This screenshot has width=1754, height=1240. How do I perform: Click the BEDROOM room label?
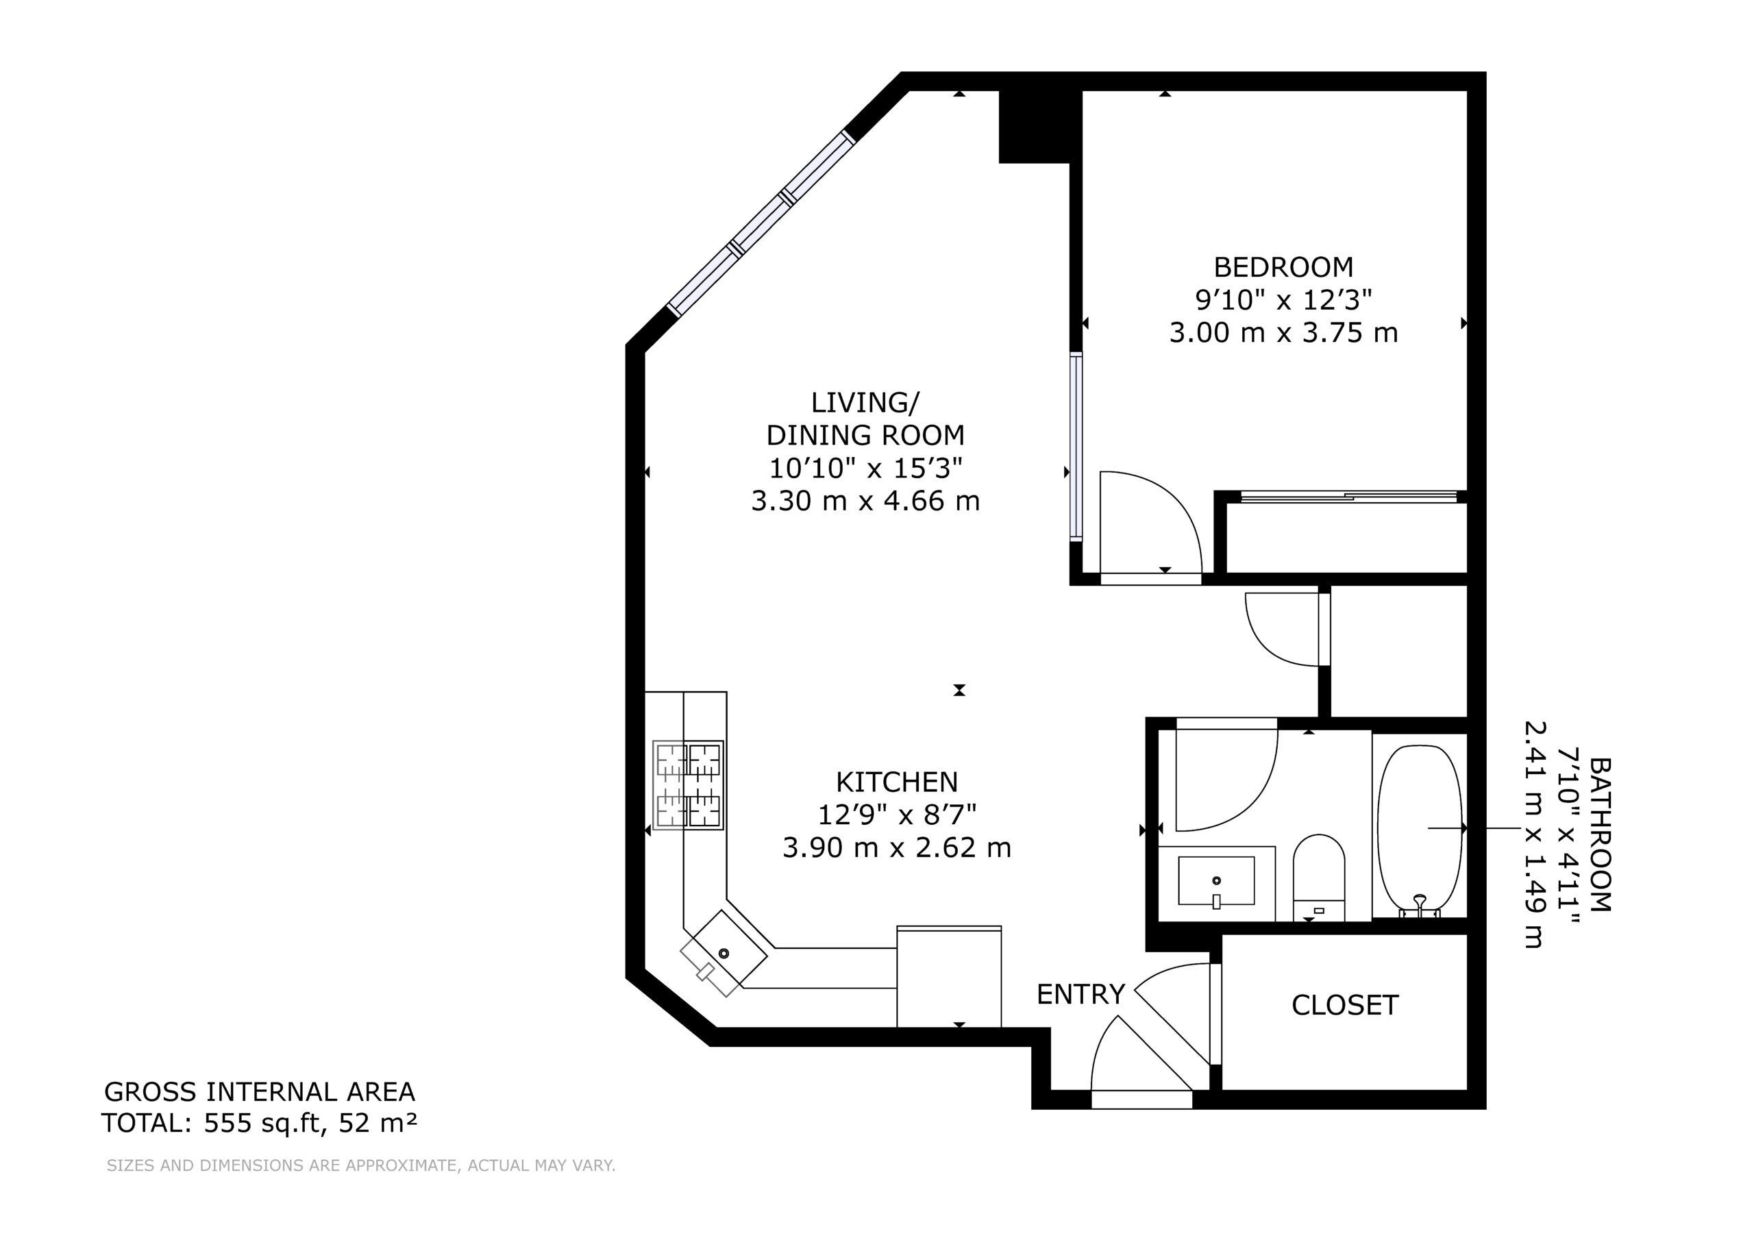tap(1283, 266)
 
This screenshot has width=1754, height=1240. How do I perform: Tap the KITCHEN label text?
tap(897, 782)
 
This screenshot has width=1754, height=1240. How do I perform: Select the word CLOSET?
tap(1344, 1005)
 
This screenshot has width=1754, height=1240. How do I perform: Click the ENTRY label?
tap(1080, 993)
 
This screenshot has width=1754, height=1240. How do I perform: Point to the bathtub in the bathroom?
tap(1420, 830)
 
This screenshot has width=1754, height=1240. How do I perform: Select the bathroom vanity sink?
tap(1216, 880)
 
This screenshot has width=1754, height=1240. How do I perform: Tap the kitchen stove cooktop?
tap(687, 784)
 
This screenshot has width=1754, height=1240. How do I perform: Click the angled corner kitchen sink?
tap(724, 953)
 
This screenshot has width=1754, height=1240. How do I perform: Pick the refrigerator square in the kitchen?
tap(949, 976)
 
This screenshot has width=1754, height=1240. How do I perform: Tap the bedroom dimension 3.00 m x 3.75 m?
tap(1283, 332)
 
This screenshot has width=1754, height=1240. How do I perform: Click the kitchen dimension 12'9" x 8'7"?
tap(897, 815)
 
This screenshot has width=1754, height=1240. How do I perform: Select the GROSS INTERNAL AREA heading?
tap(260, 1091)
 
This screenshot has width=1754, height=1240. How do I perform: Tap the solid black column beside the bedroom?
tap(1034, 126)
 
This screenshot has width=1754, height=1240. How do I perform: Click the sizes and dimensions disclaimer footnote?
tap(361, 1165)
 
